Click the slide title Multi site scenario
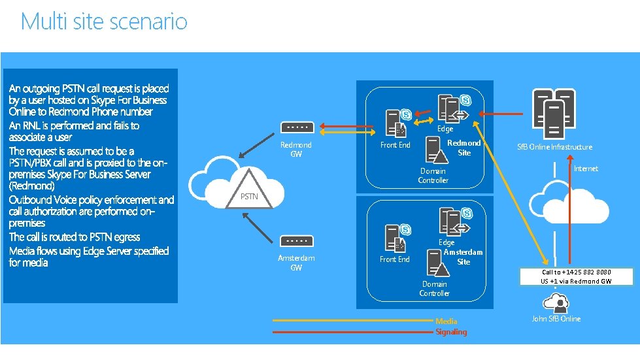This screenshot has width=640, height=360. click(x=104, y=22)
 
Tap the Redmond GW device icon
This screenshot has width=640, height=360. click(x=297, y=127)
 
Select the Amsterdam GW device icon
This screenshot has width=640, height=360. click(x=296, y=240)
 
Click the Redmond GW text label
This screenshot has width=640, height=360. click(x=296, y=149)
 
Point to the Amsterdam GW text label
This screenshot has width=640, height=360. click(x=296, y=263)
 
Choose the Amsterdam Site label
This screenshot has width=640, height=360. click(x=463, y=257)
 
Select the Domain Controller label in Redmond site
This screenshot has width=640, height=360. click(x=433, y=176)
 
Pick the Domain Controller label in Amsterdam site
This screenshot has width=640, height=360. click(x=435, y=289)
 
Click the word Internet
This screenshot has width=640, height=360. click(x=585, y=169)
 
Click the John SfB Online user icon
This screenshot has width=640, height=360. click(x=556, y=302)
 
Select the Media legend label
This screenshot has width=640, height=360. click(x=446, y=321)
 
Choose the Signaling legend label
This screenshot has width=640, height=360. click(x=451, y=332)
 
